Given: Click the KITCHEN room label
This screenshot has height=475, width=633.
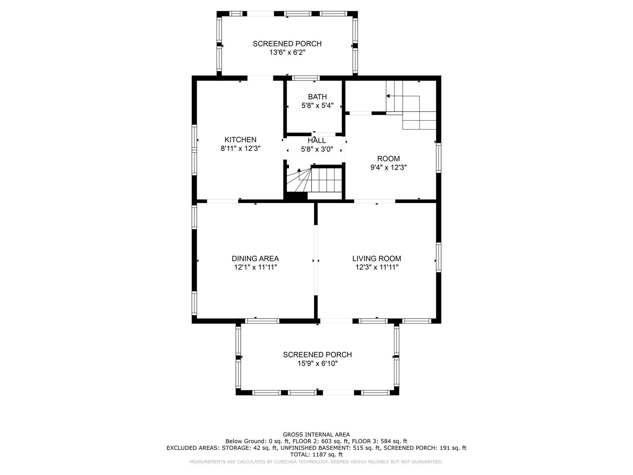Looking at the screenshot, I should (240, 139).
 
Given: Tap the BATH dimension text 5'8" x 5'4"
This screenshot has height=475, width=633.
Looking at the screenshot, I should (317, 106).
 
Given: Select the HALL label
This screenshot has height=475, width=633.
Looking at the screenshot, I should (317, 141).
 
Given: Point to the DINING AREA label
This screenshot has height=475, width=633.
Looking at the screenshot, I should (255, 259).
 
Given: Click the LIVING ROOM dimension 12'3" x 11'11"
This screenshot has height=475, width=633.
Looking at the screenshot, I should (377, 267).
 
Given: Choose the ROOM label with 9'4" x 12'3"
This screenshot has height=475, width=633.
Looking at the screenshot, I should (388, 159).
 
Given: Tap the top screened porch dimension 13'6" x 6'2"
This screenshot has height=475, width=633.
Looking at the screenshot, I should (287, 53).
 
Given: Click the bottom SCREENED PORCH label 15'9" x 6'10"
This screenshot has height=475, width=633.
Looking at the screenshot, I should (317, 355).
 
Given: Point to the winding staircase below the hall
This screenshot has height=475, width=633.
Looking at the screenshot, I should (314, 181).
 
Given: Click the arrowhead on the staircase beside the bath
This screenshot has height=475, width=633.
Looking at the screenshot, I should (388, 96).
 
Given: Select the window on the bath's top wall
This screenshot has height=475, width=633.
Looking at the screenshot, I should (306, 78).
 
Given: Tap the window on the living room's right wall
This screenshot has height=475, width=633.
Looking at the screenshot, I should (439, 257).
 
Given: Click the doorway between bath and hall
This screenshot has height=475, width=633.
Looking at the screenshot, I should (323, 135).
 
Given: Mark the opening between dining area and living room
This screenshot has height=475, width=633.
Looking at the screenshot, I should (316, 260).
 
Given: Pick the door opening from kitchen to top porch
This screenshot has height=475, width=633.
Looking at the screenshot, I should (260, 78).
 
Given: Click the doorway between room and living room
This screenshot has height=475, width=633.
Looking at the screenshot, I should (374, 201).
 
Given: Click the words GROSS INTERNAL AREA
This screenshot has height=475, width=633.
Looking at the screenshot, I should (316, 434).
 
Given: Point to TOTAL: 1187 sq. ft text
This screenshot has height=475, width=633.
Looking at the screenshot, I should (316, 455).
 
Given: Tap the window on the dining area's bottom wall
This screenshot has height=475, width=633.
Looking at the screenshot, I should (262, 321).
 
